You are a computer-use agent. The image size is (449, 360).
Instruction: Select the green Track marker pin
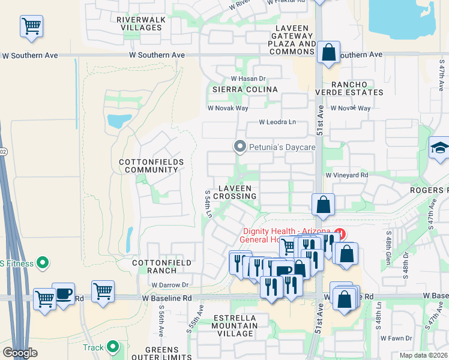pos(112,347)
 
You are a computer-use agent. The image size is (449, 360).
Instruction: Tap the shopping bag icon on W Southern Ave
pos(329,53)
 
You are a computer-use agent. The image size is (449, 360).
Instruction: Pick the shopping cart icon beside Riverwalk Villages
pos(31,27)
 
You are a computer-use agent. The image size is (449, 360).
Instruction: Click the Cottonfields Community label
pos(148,166)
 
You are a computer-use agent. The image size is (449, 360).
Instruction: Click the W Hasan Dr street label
pos(248,79)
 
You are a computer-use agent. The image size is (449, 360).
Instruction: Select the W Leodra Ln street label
pos(277,122)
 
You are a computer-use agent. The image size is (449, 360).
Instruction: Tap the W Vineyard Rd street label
pos(347,175)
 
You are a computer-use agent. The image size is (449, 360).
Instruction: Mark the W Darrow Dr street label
pos(170,285)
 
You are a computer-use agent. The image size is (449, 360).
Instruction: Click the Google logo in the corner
pos(20,353)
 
